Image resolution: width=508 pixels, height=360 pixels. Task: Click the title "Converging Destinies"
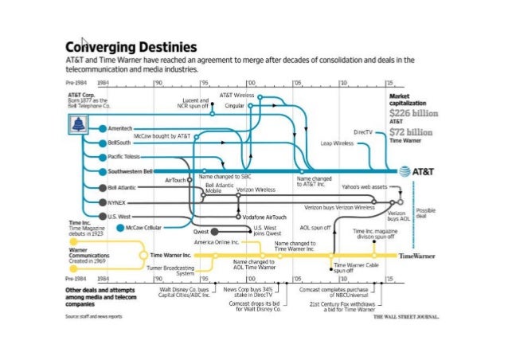tap(131, 47)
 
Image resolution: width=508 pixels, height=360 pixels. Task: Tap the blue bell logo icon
tap(79, 124)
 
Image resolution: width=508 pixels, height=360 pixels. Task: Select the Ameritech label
tap(121, 127)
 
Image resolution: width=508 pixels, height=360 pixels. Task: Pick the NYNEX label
tap(116, 202)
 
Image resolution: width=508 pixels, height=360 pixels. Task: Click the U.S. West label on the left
tap(119, 216)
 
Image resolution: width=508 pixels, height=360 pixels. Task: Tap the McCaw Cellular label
tap(143, 227)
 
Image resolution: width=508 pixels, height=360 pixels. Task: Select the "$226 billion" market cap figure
tap(412, 114)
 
